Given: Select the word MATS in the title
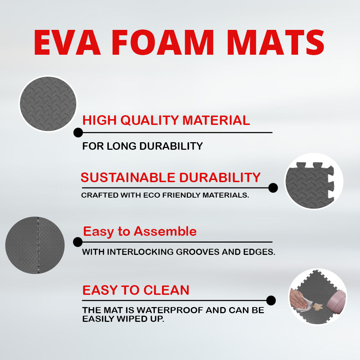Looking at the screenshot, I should click(276, 43).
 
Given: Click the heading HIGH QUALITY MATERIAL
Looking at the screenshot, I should click(166, 120).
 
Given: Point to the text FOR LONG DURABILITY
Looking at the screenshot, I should click(143, 146).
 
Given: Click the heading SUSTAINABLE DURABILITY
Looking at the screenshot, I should click(170, 177).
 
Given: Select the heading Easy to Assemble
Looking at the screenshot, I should click(140, 231).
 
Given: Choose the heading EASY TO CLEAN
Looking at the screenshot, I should click(136, 290).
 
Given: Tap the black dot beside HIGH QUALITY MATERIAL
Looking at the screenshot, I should click(78, 132).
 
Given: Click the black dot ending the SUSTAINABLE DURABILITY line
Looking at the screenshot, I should click(273, 188).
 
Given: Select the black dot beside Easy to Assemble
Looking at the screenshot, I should click(78, 242).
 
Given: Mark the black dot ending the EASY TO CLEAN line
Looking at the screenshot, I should click(271, 300).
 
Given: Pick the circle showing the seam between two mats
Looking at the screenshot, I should click(35, 245).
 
